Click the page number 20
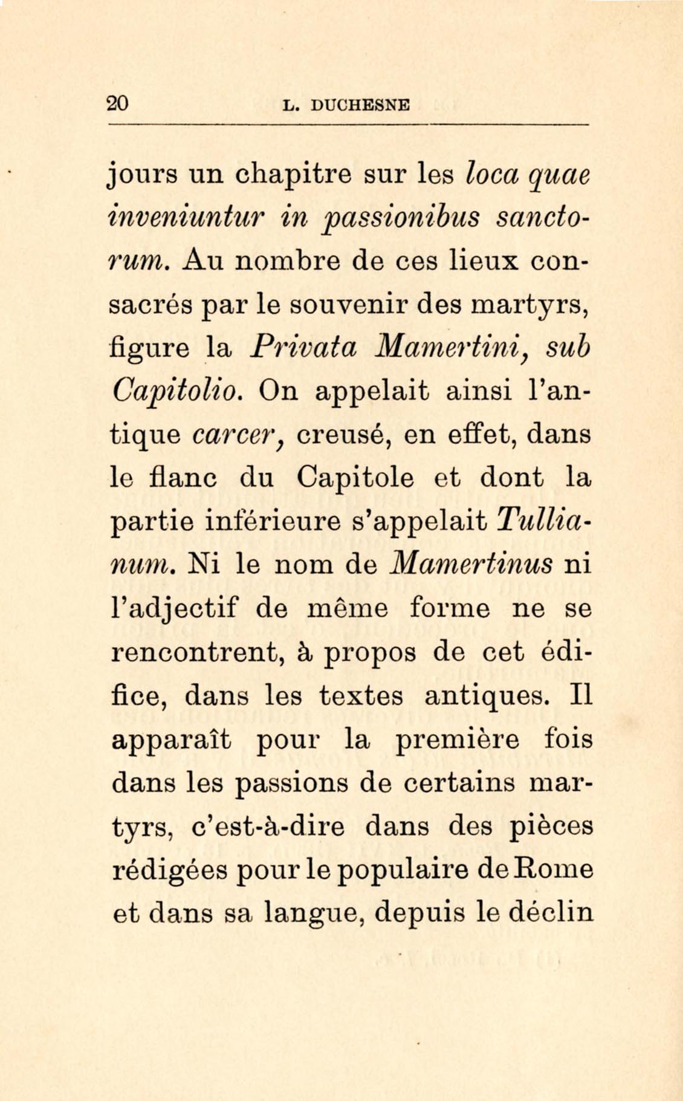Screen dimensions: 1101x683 click(x=118, y=103)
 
